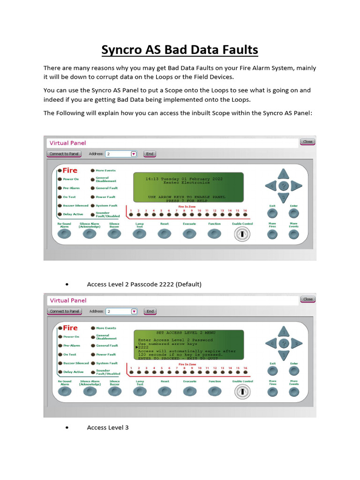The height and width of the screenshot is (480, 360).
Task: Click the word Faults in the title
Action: pyautogui.click(x=238, y=50)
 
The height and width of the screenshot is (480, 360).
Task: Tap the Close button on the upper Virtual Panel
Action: pyautogui.click(x=307, y=142)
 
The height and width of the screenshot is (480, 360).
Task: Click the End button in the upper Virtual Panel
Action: pyautogui.click(x=150, y=154)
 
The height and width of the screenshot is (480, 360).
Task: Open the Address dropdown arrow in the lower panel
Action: pyautogui.click(x=134, y=311)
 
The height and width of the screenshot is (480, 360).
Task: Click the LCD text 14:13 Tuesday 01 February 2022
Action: pyautogui.click(x=184, y=179)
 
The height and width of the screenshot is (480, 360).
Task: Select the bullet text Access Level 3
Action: pyautogui.click(x=107, y=427)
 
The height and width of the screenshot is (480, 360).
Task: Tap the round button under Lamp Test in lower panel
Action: pyautogui.click(x=139, y=392)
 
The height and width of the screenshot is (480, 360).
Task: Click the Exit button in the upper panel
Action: pyautogui.click(x=272, y=213)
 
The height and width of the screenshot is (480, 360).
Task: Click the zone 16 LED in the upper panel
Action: pyautogui.click(x=245, y=216)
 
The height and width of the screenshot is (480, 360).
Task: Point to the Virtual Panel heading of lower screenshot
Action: pyautogui.click(x=68, y=300)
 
